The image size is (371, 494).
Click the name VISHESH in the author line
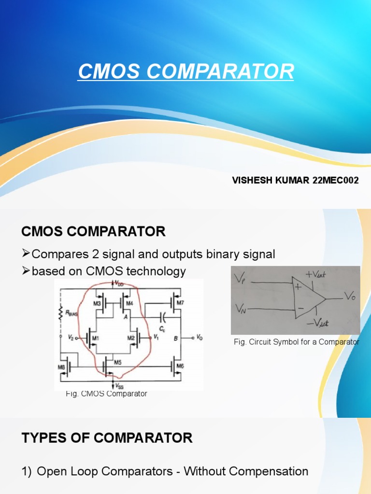pyautogui.click(x=252, y=180)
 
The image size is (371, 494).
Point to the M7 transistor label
pyautogui.click(x=181, y=302)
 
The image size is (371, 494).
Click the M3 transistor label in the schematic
pyautogui.click(x=97, y=303)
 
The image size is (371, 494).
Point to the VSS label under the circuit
pyautogui.click(x=117, y=386)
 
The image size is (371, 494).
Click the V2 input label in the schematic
pyautogui.click(x=71, y=338)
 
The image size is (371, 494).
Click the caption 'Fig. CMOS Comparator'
pyautogui.click(x=106, y=394)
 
